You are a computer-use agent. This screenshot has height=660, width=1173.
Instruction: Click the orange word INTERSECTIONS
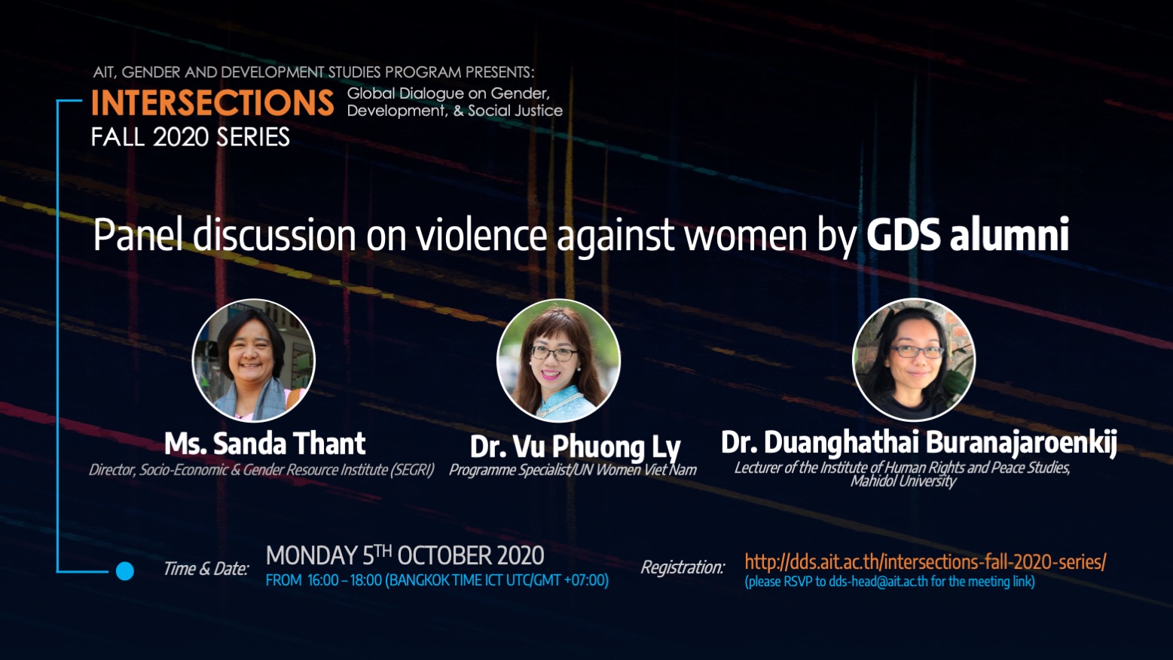[212, 102]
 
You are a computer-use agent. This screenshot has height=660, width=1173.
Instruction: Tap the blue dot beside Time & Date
[124, 570]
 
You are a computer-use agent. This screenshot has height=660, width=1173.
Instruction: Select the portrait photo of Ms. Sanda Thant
[254, 360]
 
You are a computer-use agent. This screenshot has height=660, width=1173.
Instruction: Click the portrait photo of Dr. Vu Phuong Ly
[558, 360]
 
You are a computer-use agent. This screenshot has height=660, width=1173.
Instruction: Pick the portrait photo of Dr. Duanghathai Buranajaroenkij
[914, 360]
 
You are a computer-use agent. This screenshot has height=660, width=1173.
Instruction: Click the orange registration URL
[925, 561]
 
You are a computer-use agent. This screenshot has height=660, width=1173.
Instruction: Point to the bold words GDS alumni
[967, 235]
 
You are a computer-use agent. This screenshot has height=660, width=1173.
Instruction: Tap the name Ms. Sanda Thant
[265, 444]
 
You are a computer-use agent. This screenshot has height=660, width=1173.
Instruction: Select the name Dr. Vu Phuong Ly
[575, 447]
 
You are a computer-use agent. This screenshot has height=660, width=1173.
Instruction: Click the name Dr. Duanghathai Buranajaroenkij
[919, 442]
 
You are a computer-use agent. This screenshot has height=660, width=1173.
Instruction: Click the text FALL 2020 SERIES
[190, 137]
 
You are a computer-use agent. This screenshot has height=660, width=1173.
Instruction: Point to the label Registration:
[683, 567]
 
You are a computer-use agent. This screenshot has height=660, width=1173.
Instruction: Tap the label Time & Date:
[206, 568]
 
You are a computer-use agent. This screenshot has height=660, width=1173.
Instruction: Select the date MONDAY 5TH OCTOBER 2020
[405, 555]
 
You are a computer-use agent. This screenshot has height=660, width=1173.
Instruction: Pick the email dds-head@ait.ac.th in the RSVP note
[878, 582]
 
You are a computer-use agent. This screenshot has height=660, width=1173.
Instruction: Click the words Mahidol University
[903, 481]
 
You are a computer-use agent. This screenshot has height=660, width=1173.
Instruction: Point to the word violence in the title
[481, 235]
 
